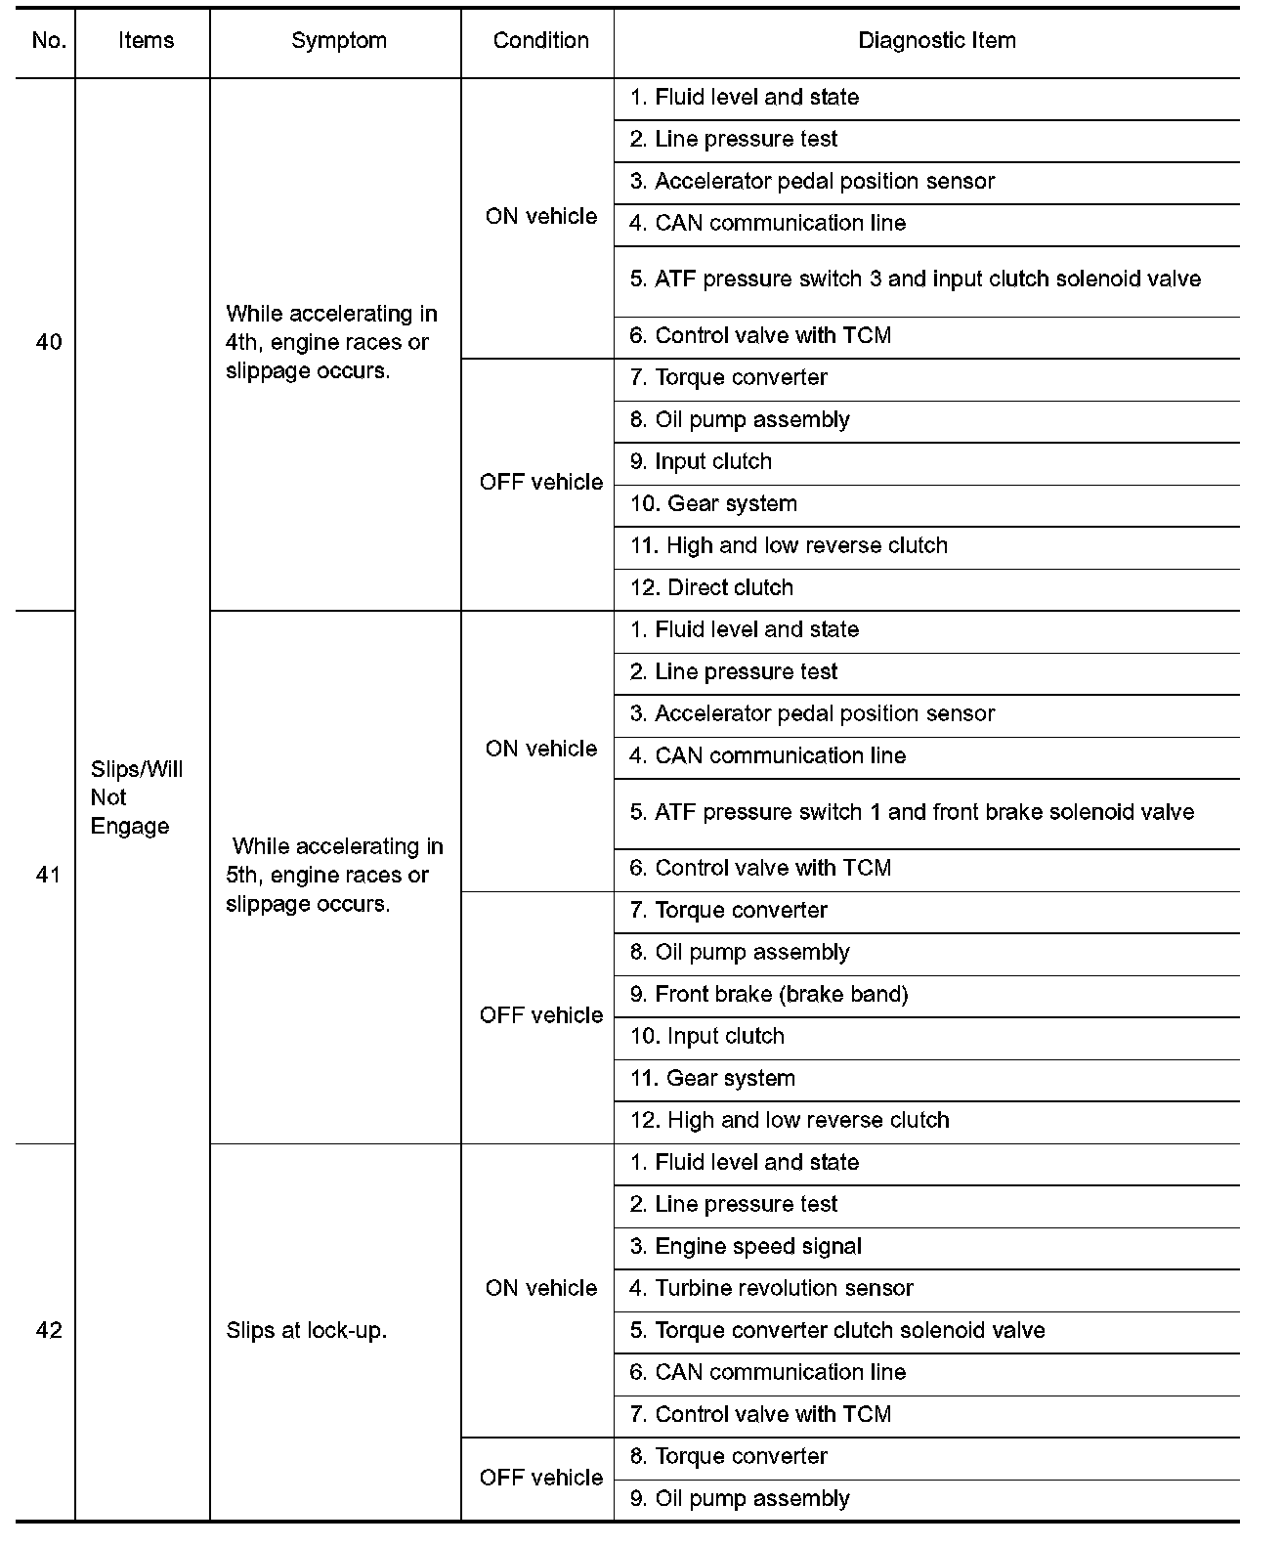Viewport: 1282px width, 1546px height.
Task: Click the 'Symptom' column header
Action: pos(338,41)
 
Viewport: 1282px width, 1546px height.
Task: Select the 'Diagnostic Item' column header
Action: pos(936,41)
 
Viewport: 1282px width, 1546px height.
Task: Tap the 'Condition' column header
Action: pos(540,41)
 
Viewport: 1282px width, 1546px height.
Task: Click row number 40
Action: pos(48,342)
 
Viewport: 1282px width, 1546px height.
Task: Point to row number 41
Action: pos(48,875)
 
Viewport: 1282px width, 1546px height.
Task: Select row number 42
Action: pos(48,1330)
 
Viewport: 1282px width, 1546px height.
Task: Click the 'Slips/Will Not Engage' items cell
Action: pos(137,797)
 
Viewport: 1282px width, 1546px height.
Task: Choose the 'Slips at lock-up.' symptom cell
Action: pos(306,1330)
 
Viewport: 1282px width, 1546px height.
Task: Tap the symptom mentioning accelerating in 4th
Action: pos(331,342)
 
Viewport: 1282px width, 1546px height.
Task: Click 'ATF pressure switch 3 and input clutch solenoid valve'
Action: pos(915,279)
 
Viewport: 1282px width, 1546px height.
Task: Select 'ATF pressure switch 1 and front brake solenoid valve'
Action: pos(912,812)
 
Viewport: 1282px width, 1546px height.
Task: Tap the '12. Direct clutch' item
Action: pos(711,588)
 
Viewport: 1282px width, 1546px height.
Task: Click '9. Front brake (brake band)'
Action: pos(769,995)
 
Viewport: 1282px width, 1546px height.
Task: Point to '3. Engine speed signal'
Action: pos(746,1247)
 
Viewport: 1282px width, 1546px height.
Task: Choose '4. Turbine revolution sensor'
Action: pos(771,1289)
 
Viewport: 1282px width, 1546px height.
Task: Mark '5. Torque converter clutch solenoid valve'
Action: pos(837,1331)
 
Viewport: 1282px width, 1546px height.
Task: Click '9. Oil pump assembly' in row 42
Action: pos(740,1499)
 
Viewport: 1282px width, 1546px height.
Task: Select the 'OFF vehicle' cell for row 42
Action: pos(540,1478)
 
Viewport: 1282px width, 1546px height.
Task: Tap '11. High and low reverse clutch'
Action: pos(789,546)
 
